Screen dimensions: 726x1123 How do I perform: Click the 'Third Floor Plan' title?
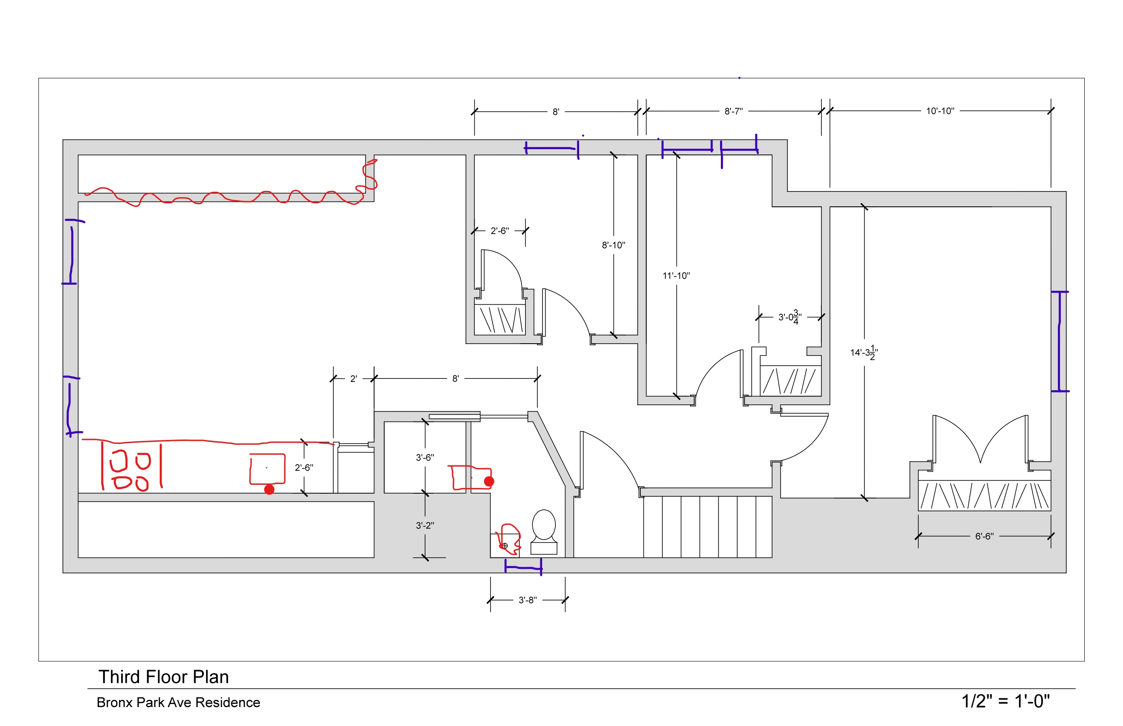tap(163, 677)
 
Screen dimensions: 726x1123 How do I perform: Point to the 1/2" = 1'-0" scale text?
tap(1005, 701)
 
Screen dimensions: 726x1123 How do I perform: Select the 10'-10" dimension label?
tap(940, 111)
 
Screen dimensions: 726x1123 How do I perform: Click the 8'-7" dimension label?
tap(733, 111)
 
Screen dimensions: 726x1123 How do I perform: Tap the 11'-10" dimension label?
tap(676, 276)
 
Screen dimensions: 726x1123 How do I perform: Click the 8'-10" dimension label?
tap(613, 245)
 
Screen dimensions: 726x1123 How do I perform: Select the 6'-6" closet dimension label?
tap(984, 536)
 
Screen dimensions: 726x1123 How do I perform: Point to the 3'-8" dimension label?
tap(528, 600)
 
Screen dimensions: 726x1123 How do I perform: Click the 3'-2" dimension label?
tap(425, 526)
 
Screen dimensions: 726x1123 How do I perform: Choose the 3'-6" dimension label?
tap(425, 458)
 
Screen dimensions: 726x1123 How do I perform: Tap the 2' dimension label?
tap(353, 379)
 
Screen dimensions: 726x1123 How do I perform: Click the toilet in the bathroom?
tap(543, 530)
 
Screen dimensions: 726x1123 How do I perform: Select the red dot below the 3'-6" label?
tap(489, 481)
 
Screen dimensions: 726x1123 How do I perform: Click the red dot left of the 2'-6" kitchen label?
tap(270, 489)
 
